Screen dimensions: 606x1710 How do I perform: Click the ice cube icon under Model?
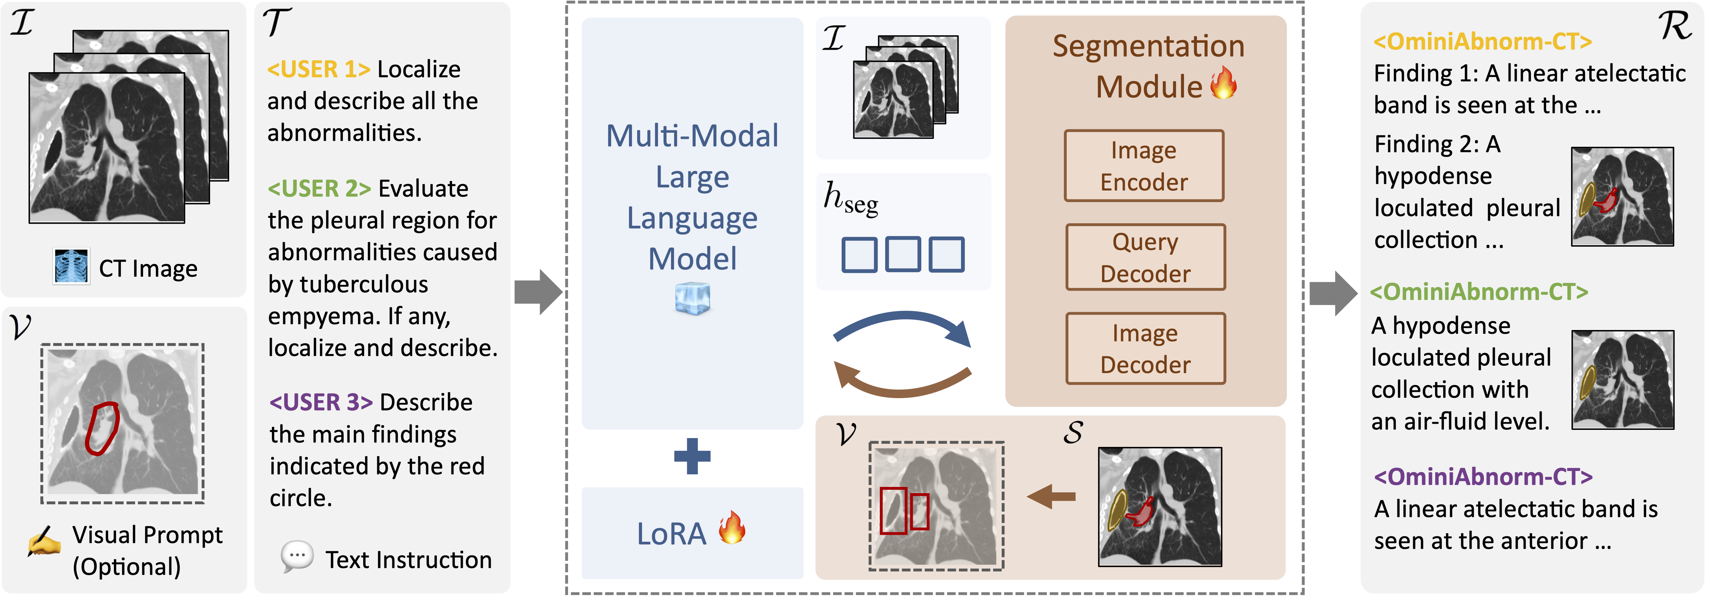pos(692,299)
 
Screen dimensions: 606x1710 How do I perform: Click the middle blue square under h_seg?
pos(903,255)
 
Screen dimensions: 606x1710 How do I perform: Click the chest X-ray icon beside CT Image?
pos(71,267)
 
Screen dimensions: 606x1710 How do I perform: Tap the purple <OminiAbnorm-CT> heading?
pos(1482,477)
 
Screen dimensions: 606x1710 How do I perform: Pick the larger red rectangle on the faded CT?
pos(893,511)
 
